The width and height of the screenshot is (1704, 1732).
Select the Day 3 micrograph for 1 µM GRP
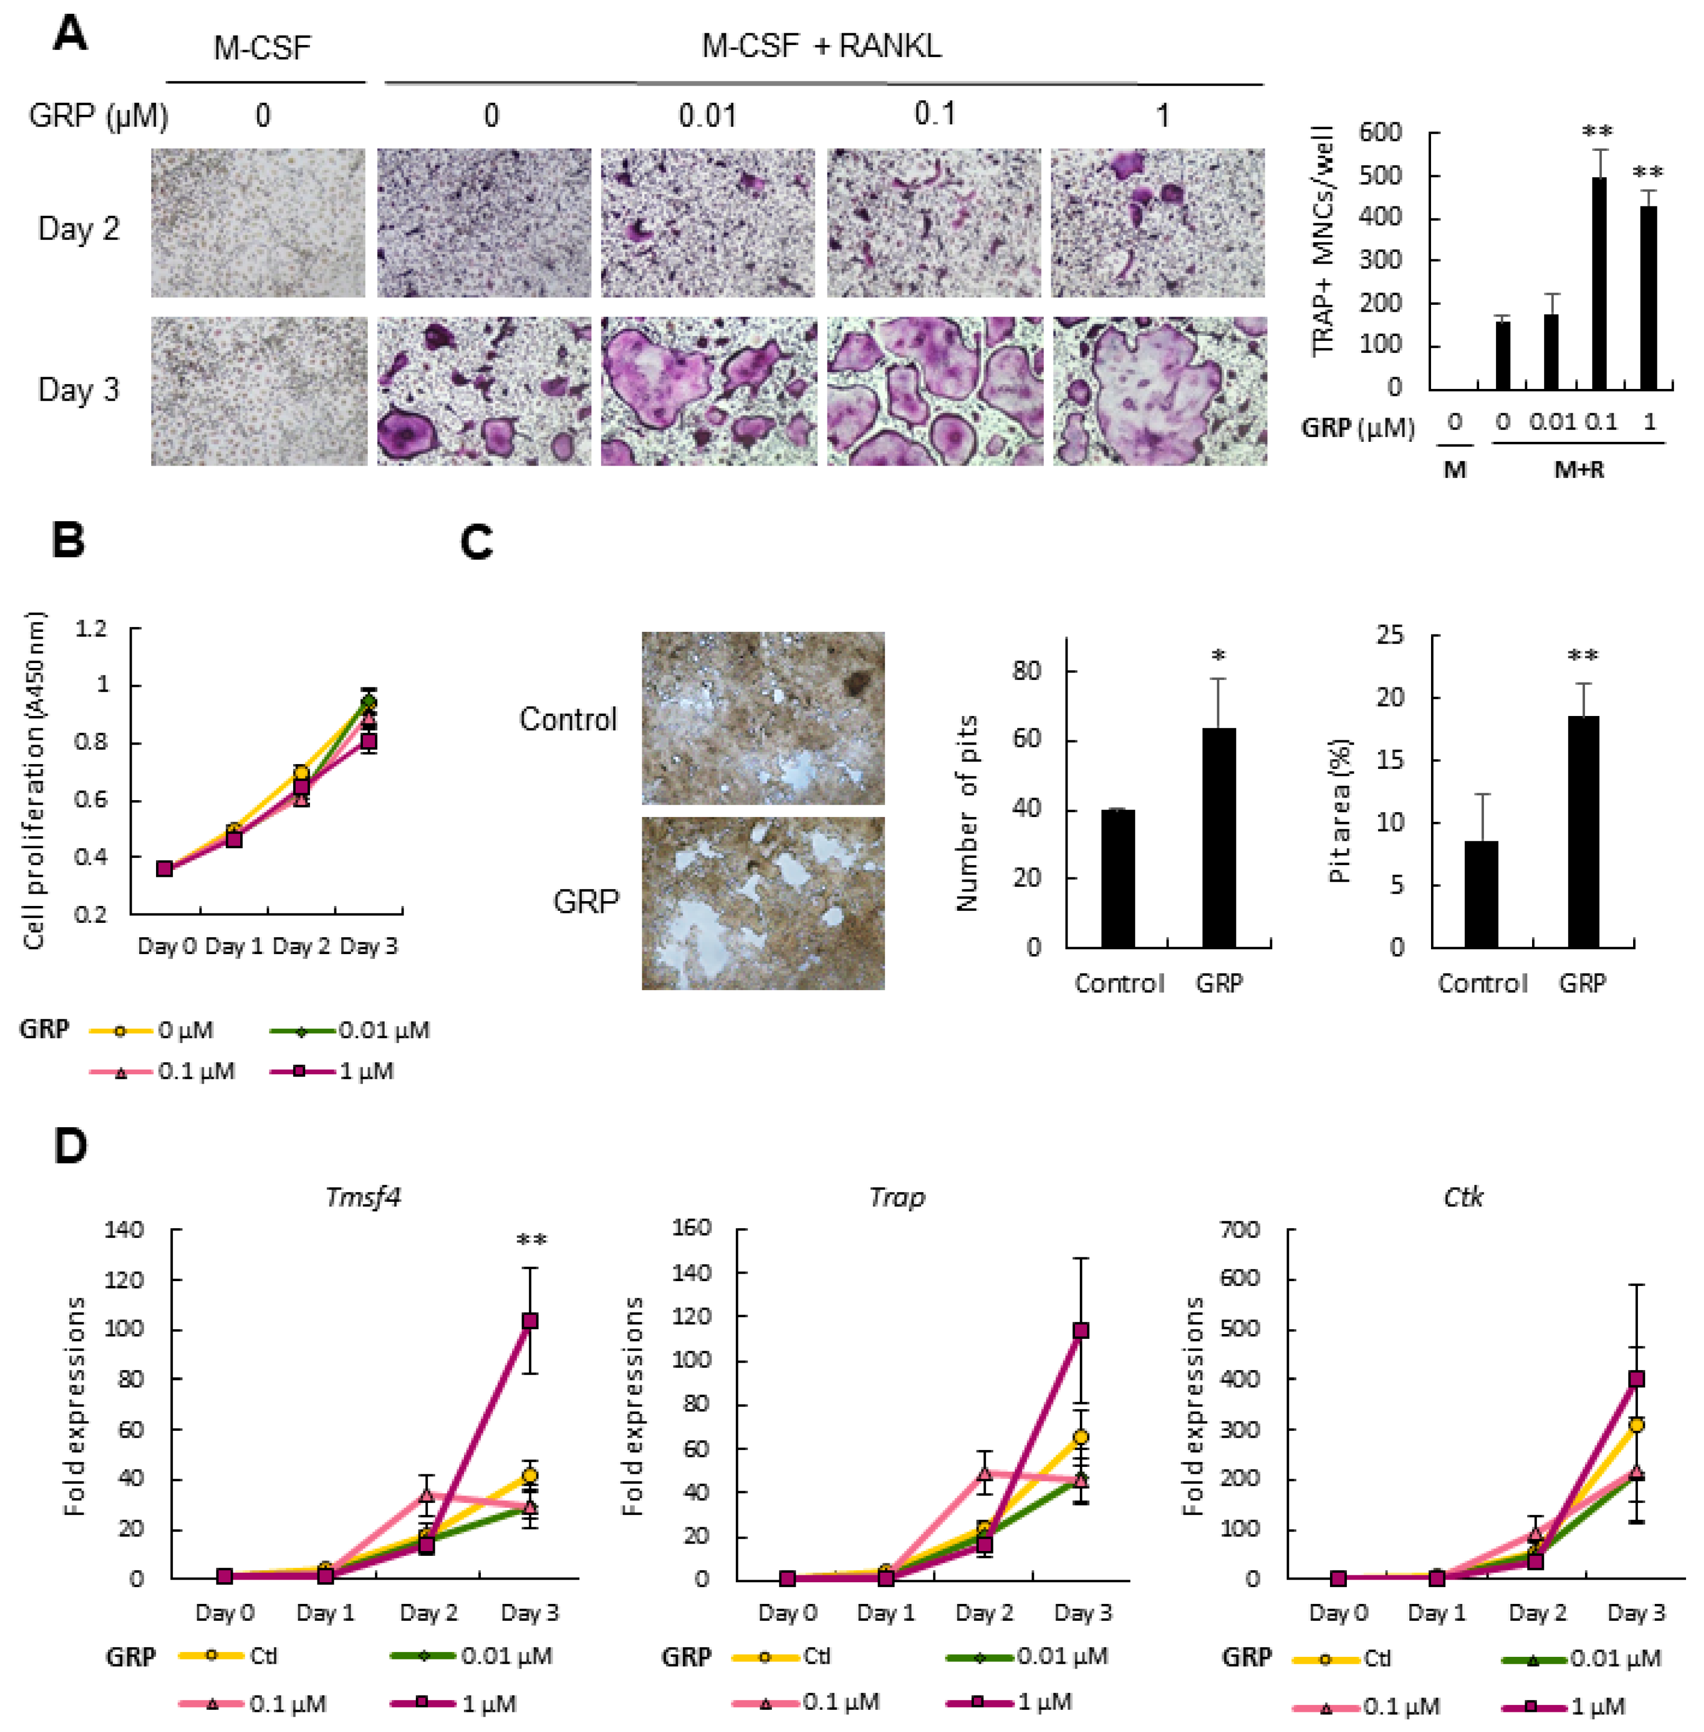[x=1160, y=391]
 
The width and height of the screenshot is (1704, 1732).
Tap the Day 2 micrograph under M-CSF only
[x=258, y=223]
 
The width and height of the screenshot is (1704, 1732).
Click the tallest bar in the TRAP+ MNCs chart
[x=1598, y=283]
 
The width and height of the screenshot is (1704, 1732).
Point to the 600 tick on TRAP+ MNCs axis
[x=1380, y=132]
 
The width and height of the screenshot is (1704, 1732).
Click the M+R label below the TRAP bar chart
[x=1579, y=469]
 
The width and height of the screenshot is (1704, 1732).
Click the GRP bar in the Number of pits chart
[x=1219, y=837]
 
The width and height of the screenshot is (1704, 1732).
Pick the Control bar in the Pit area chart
[x=1481, y=893]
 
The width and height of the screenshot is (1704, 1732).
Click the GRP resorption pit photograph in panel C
[x=762, y=903]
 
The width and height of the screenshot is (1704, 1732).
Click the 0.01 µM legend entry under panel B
[x=351, y=1030]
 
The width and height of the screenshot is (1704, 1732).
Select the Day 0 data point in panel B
[x=165, y=868]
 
